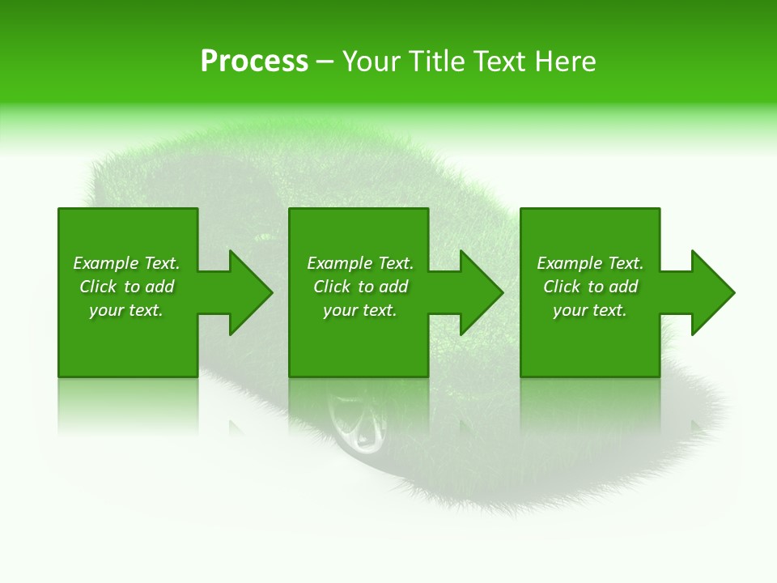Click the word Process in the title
point(254,62)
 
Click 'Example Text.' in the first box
point(126,263)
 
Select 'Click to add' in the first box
point(126,287)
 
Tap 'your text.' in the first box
point(126,310)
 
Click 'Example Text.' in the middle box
point(360,263)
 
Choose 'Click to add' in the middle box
point(360,287)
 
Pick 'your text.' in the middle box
point(360,310)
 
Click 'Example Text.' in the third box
point(590,263)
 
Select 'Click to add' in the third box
point(590,287)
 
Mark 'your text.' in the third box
point(590,310)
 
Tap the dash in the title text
point(325,62)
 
